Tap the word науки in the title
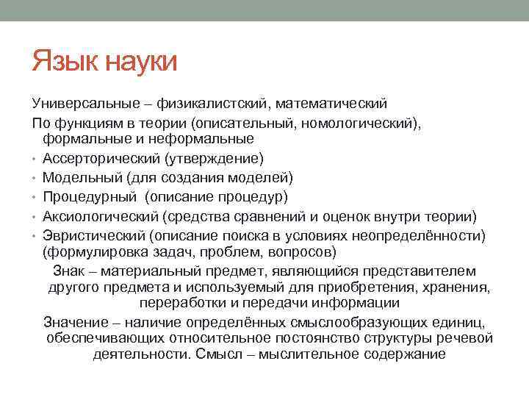pyautogui.click(x=142, y=62)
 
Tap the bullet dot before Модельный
pyautogui.click(x=34, y=178)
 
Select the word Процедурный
pyautogui.click(x=89, y=196)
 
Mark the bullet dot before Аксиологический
pyautogui.click(x=34, y=216)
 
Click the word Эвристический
pyautogui.click(x=93, y=235)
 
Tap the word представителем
pyautogui.click(x=427, y=271)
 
